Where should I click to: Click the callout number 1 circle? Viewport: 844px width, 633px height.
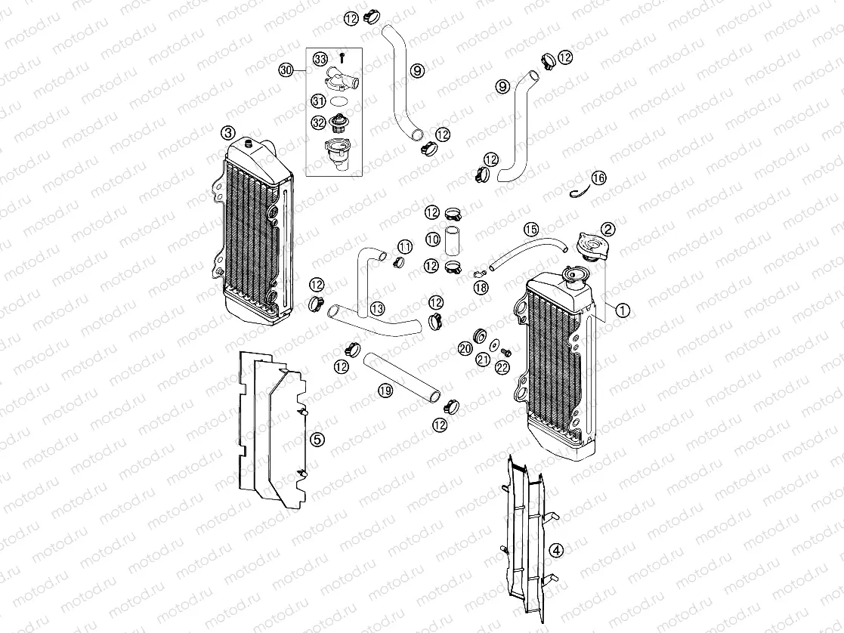(x=623, y=309)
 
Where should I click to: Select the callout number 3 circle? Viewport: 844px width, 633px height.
(x=227, y=133)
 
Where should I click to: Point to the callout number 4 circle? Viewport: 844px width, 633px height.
(x=555, y=550)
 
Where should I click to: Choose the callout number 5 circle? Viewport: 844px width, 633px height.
(x=317, y=439)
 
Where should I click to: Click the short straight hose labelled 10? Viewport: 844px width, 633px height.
(x=453, y=239)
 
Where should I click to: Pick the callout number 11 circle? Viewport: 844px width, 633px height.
(x=405, y=247)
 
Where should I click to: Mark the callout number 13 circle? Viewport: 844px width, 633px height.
(x=376, y=308)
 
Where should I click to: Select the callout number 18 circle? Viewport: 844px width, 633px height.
(x=481, y=287)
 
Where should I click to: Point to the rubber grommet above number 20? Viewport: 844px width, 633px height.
(x=477, y=334)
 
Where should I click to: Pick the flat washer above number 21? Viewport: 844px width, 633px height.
(x=493, y=345)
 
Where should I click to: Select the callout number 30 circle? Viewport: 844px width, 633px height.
(x=286, y=70)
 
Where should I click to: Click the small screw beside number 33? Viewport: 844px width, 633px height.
(x=342, y=57)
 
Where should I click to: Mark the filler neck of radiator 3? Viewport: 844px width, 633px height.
(x=249, y=144)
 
